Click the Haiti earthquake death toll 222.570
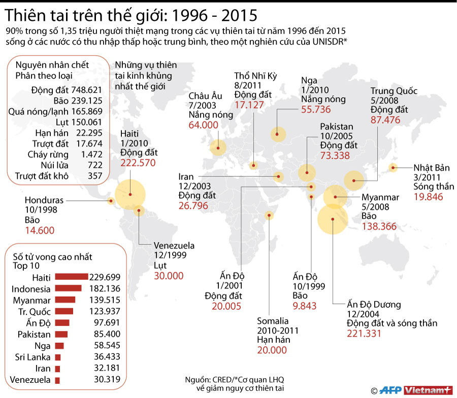(x=138, y=163)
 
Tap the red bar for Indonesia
(x=68, y=288)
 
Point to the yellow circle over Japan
(x=393, y=167)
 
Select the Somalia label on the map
(x=273, y=321)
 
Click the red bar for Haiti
(x=71, y=277)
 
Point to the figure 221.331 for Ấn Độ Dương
(x=364, y=333)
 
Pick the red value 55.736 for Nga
(x=315, y=109)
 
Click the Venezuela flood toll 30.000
(x=169, y=276)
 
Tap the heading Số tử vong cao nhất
(x=53, y=257)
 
